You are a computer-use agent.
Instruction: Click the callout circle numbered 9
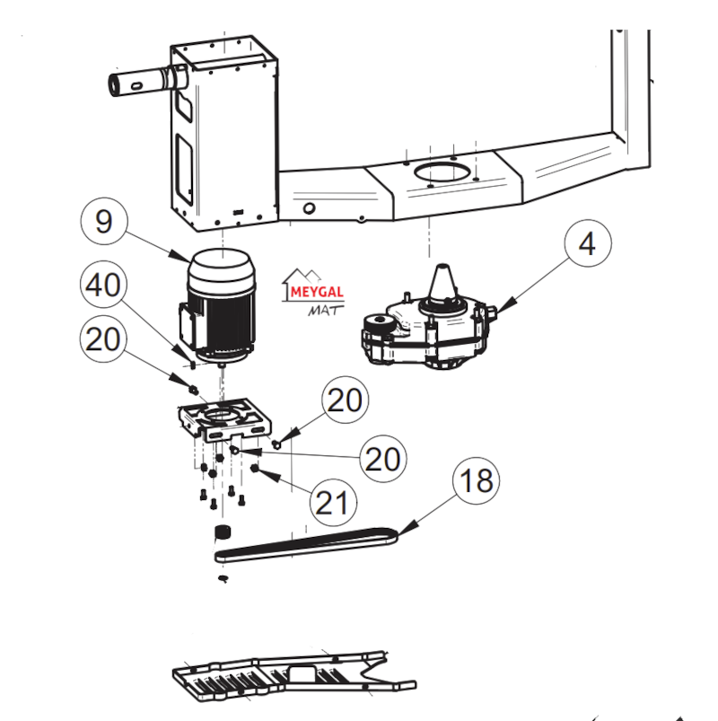pos(104,221)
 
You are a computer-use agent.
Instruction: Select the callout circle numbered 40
pos(103,285)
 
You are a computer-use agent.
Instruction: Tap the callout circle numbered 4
pos(588,243)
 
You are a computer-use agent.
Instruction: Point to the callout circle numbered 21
pos(333,502)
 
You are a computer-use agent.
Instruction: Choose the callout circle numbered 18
pos(477,481)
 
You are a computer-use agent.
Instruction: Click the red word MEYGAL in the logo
pos(317,292)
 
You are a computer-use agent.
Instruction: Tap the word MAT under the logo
pos(326,311)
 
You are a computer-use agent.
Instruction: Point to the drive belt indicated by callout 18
pos(306,545)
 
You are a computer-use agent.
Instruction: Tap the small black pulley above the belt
pos(223,532)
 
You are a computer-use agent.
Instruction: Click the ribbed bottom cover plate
pos(294,676)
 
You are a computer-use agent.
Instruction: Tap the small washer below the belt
pos(223,578)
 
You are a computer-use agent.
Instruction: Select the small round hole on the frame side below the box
pos(310,208)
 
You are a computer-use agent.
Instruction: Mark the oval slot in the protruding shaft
pos(136,86)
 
